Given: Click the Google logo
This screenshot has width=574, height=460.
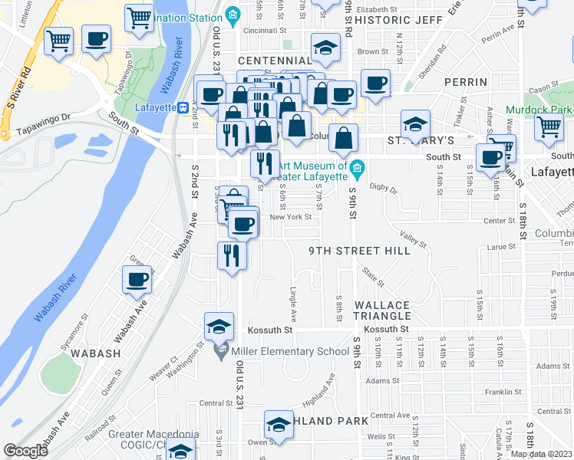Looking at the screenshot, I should click(x=26, y=451).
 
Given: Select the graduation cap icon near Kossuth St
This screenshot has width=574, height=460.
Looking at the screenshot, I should click(x=219, y=327).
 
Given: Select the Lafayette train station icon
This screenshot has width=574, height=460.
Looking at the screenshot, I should click(x=183, y=107).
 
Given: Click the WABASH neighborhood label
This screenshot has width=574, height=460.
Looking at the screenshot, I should click(x=96, y=353).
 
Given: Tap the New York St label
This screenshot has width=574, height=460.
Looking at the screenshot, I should click(x=290, y=217).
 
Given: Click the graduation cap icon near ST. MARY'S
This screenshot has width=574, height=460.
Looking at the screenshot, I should click(x=415, y=124).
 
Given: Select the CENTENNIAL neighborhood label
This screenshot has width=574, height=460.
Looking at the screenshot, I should click(x=275, y=61).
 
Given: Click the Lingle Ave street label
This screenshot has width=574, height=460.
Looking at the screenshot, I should click(x=292, y=304).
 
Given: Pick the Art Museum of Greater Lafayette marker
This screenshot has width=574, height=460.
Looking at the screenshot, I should click(x=357, y=167).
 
